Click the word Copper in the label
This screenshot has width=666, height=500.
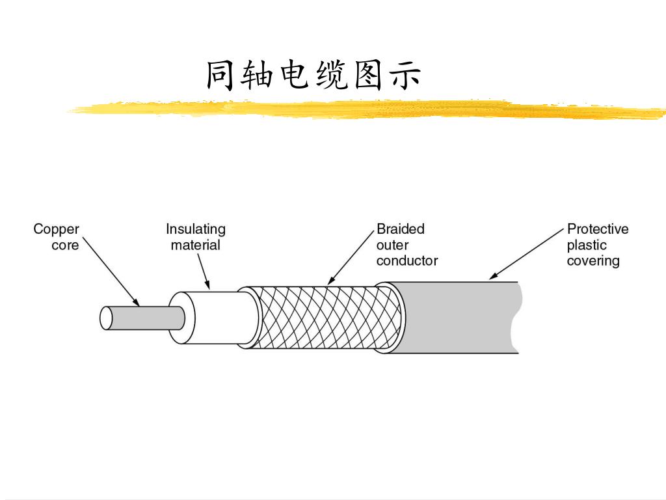(x=57, y=230)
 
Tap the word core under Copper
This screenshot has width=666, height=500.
(x=65, y=245)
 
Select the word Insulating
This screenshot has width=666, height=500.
(x=196, y=229)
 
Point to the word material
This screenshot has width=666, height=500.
(x=196, y=245)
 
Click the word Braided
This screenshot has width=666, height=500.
(x=401, y=229)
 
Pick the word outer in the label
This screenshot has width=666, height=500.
(x=392, y=245)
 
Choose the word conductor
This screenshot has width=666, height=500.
(x=407, y=261)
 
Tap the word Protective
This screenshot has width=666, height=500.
(x=598, y=229)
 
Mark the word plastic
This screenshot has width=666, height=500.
(x=587, y=245)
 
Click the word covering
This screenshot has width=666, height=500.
(x=593, y=262)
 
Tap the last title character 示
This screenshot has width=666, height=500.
(x=404, y=76)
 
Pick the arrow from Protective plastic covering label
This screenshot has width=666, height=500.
(x=526, y=254)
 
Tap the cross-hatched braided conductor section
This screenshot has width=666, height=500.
(x=325, y=317)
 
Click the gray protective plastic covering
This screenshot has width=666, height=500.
(x=455, y=318)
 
